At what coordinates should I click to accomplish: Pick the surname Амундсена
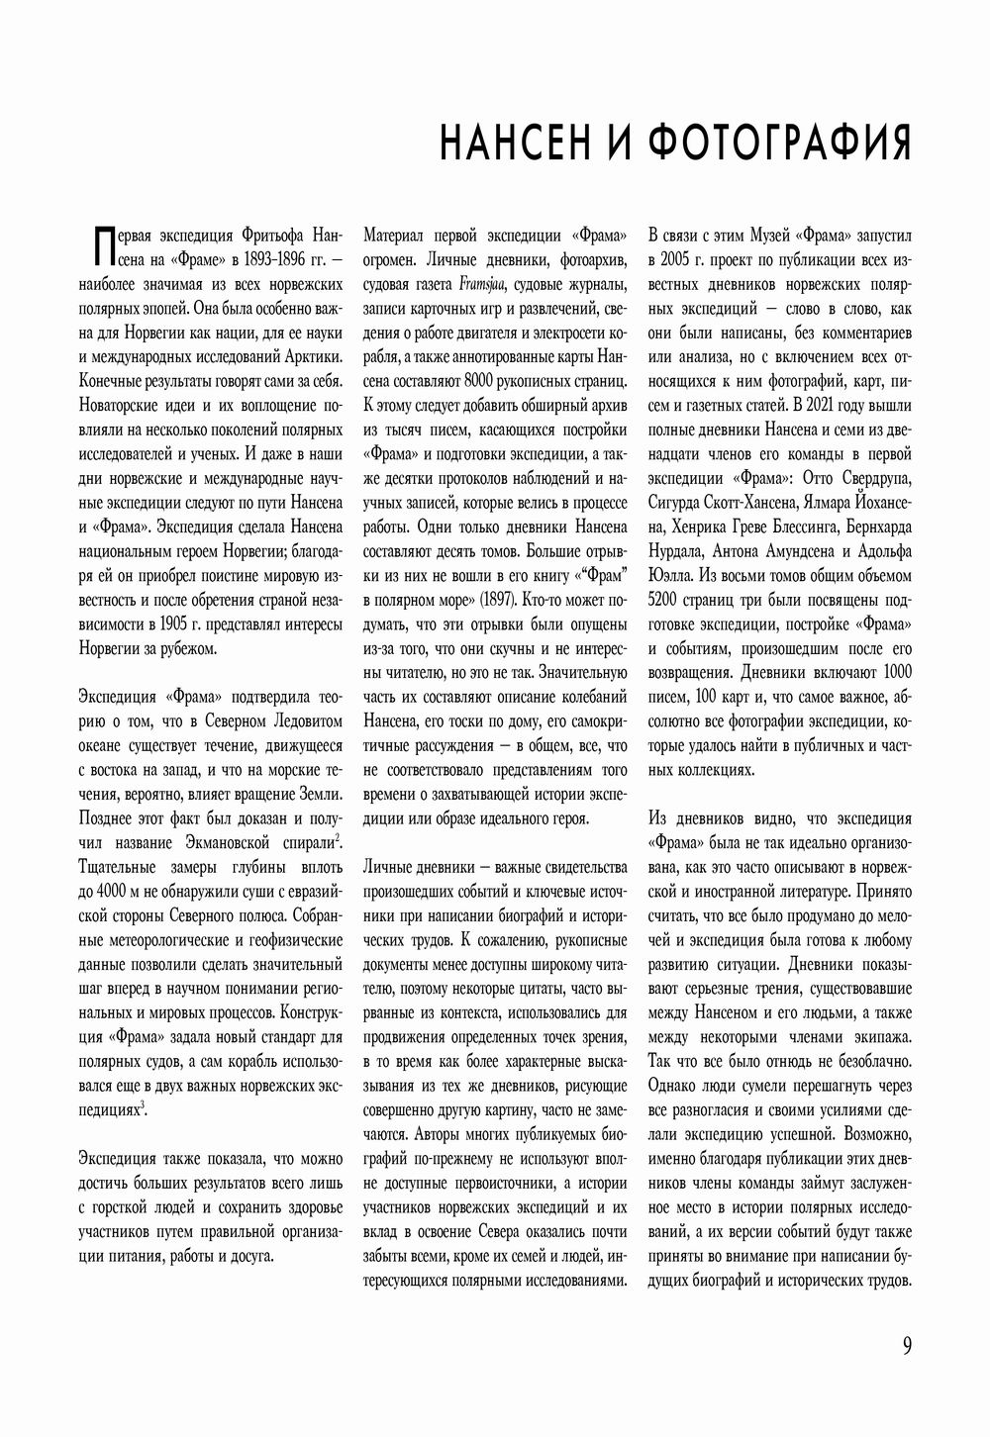click(x=794, y=551)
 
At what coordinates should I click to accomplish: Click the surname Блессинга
click(x=813, y=527)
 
